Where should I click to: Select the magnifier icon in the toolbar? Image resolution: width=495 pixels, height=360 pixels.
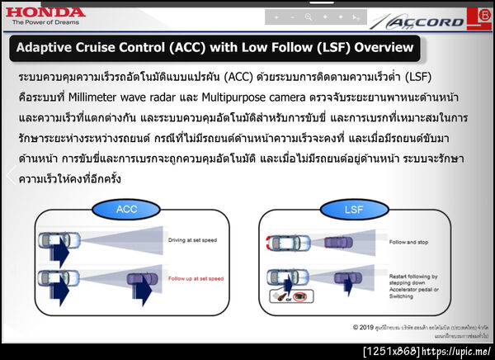(x=309, y=17)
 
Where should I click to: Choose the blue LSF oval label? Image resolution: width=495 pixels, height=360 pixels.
(x=353, y=210)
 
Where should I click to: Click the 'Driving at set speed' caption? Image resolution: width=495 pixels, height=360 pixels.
(x=193, y=240)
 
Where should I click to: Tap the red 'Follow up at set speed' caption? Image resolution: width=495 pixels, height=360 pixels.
(x=196, y=279)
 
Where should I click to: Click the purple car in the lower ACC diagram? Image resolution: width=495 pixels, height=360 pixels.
(x=139, y=281)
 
